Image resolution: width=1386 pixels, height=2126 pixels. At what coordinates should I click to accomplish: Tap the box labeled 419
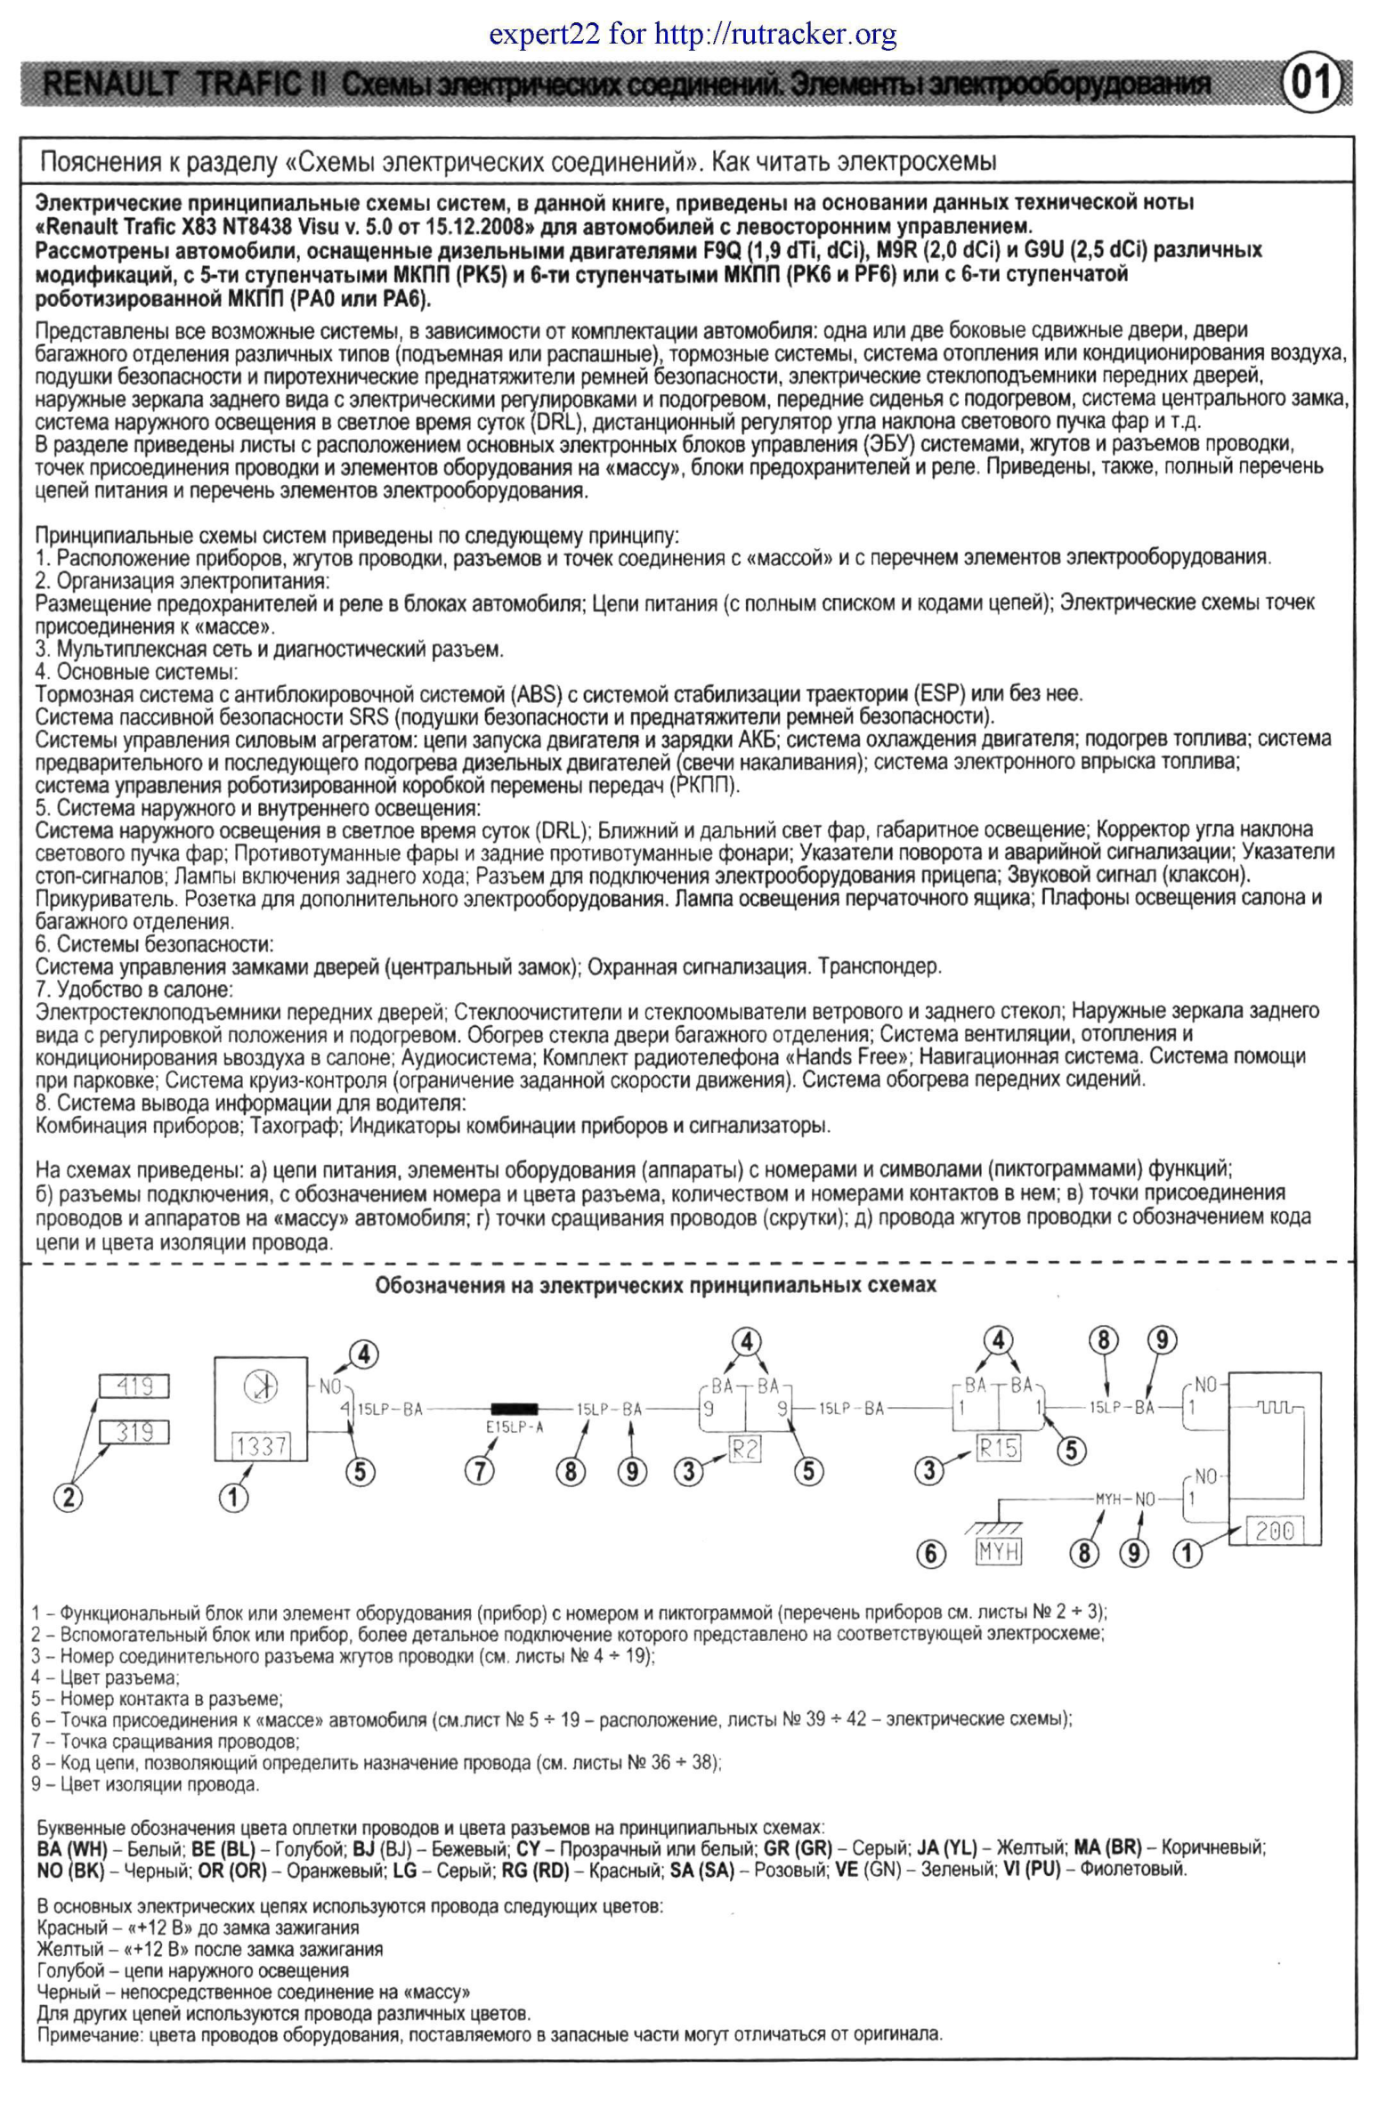(135, 1386)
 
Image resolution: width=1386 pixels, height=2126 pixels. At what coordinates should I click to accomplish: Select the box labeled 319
(135, 1432)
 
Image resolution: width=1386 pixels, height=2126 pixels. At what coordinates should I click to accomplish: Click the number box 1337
(261, 1445)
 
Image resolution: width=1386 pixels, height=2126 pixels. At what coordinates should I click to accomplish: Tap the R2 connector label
(744, 1449)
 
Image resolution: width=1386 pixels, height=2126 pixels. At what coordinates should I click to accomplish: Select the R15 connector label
(996, 1447)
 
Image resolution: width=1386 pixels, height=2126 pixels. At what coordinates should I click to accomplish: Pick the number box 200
(1275, 1530)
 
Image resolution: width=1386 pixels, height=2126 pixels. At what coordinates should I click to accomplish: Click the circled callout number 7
(480, 1469)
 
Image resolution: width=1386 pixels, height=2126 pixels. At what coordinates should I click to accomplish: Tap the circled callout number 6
(930, 1555)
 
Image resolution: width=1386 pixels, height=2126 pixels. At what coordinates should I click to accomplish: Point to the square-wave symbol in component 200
(1275, 1408)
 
